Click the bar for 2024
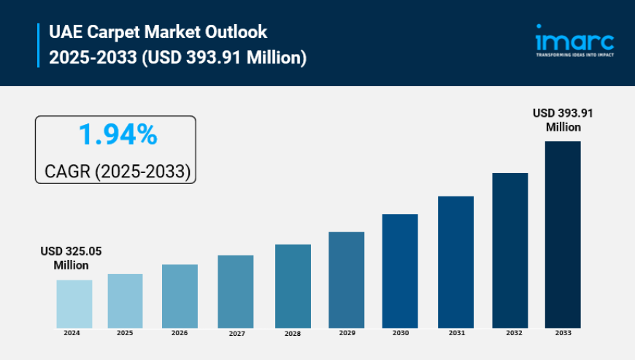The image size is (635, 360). (x=74, y=304)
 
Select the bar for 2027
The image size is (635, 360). (x=236, y=291)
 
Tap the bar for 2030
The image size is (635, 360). (x=400, y=271)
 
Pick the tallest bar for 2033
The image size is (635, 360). (x=563, y=234)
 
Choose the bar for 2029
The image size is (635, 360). (x=346, y=280)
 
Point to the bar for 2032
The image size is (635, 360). (x=509, y=250)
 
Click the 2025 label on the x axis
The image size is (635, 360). (x=125, y=333)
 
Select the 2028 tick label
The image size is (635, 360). (x=293, y=334)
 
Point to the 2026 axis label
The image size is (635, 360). (x=180, y=333)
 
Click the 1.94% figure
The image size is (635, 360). (x=118, y=135)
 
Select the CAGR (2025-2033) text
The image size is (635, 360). (x=118, y=171)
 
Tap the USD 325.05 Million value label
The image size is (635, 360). (x=71, y=258)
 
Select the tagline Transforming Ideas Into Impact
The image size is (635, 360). (x=574, y=55)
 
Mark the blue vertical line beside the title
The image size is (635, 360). (x=38, y=45)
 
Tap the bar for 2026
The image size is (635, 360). (x=180, y=296)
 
